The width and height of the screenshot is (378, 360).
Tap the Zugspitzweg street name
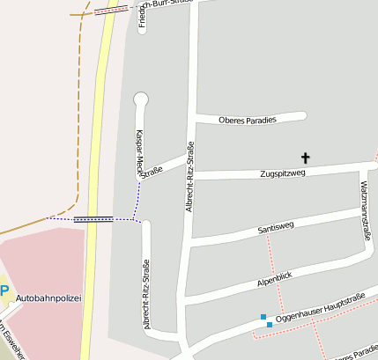[283, 173]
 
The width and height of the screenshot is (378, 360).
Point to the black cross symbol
[307, 158]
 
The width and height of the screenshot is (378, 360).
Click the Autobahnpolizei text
[48, 298]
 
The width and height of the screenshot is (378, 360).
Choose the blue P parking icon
[4, 291]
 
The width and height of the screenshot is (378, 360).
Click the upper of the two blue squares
[263, 317]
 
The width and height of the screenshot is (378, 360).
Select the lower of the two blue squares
[270, 325]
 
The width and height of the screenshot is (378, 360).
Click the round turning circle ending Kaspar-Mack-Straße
[140, 99]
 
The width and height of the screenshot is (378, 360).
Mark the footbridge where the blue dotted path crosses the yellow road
[93, 220]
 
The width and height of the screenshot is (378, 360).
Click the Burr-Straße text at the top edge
[167, 4]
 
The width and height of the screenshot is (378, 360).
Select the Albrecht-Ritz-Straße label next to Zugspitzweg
[189, 176]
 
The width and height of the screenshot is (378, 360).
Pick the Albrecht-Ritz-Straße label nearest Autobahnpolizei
[146, 293]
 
